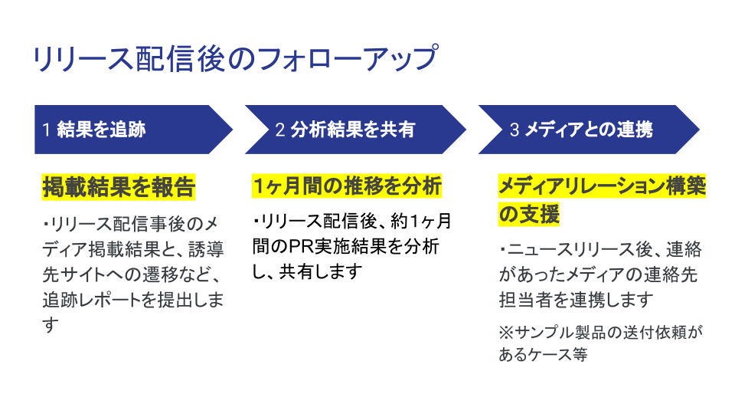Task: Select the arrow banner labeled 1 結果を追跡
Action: pyautogui.click(x=130, y=130)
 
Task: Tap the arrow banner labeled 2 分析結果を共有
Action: pyautogui.click(x=352, y=130)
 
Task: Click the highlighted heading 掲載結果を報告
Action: pyautogui.click(x=119, y=186)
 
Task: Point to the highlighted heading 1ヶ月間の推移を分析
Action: pyautogui.click(x=347, y=186)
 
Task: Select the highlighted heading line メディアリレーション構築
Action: pyautogui.click(x=602, y=186)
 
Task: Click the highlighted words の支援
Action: pyautogui.click(x=529, y=215)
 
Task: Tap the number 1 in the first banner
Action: pyautogui.click(x=46, y=130)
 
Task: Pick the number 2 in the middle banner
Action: pyautogui.click(x=280, y=130)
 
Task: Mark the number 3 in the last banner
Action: pyautogui.click(x=514, y=130)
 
